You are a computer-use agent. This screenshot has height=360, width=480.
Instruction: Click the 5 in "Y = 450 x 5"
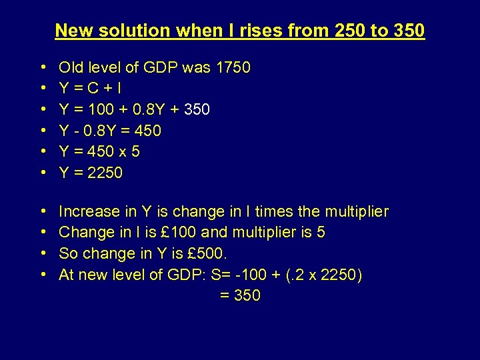pos(135,151)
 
